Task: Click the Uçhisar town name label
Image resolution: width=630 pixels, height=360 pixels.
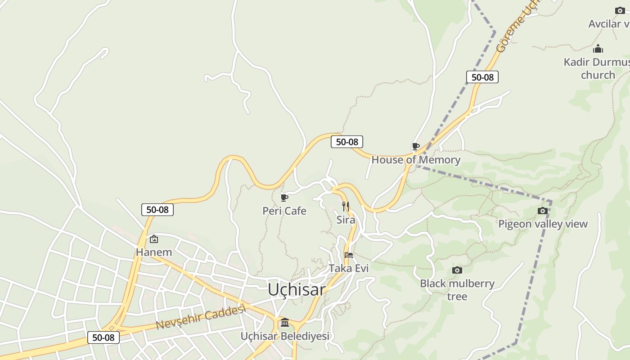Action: pyautogui.click(x=297, y=289)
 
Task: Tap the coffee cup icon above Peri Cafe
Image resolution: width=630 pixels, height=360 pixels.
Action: pyautogui.click(x=284, y=197)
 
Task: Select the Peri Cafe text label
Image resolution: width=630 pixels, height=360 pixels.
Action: pyautogui.click(x=284, y=211)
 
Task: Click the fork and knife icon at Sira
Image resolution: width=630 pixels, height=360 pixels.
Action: pyautogui.click(x=346, y=207)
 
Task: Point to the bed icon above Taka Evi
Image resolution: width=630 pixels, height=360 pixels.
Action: pyautogui.click(x=348, y=255)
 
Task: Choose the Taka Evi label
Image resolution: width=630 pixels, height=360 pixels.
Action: pyautogui.click(x=348, y=268)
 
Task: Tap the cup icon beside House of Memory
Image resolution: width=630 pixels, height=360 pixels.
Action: pyautogui.click(x=416, y=146)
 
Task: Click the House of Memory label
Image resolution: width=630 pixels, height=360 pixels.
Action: pyautogui.click(x=416, y=160)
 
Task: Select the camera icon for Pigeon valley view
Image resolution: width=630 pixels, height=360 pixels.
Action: pyautogui.click(x=543, y=211)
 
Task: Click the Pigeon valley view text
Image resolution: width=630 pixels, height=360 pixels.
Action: pyautogui.click(x=543, y=224)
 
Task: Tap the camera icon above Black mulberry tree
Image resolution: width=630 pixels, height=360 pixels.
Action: pyautogui.click(x=457, y=270)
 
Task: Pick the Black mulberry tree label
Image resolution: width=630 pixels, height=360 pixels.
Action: pyautogui.click(x=457, y=289)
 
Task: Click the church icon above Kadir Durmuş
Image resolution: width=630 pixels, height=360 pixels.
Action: pyautogui.click(x=598, y=49)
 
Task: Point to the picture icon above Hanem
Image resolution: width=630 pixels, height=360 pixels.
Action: pyautogui.click(x=154, y=239)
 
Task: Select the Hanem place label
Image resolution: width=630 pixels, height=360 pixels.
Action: pyautogui.click(x=154, y=252)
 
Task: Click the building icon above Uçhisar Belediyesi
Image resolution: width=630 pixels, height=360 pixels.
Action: pyautogui.click(x=285, y=323)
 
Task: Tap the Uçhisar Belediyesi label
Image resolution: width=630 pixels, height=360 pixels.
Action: pyautogui.click(x=285, y=336)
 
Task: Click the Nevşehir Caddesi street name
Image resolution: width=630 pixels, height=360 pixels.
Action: pyautogui.click(x=201, y=317)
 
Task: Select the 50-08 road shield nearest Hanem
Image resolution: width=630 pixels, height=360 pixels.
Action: pyautogui.click(x=157, y=209)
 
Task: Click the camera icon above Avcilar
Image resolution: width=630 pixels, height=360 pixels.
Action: pyautogui.click(x=620, y=10)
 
